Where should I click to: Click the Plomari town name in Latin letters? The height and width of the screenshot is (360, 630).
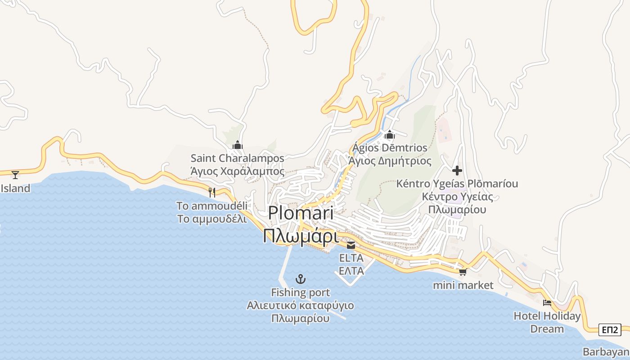pyautogui.click(x=301, y=213)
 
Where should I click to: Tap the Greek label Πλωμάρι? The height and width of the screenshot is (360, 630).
pyautogui.click(x=301, y=235)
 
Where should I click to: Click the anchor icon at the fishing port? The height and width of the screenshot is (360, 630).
pyautogui.click(x=301, y=279)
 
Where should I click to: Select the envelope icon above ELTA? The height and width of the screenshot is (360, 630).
pyautogui.click(x=351, y=245)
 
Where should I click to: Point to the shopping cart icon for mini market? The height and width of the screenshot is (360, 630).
pyautogui.click(x=463, y=272)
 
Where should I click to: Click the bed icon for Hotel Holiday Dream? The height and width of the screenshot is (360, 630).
pyautogui.click(x=547, y=302)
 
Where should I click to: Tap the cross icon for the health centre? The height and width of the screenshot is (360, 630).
pyautogui.click(x=457, y=171)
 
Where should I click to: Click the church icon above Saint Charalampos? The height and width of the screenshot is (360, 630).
pyautogui.click(x=237, y=145)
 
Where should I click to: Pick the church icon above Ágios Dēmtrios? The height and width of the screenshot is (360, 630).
pyautogui.click(x=390, y=135)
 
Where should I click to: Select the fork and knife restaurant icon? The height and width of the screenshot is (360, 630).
pyautogui.click(x=212, y=193)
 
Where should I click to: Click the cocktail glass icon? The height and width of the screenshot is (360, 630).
pyautogui.click(x=15, y=175)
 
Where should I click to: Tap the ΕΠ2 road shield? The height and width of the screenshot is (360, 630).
pyautogui.click(x=610, y=330)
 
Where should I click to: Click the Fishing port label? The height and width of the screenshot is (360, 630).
pyautogui.click(x=301, y=292)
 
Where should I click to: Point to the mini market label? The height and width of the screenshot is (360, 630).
pyautogui.click(x=463, y=285)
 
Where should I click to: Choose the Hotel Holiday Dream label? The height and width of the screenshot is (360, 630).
pyautogui.click(x=547, y=322)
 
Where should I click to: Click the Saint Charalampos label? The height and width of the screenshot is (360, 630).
pyautogui.click(x=237, y=158)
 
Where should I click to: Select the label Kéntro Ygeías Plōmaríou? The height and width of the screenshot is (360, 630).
pyautogui.click(x=457, y=184)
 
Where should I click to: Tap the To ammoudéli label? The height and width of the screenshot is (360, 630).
pyautogui.click(x=212, y=206)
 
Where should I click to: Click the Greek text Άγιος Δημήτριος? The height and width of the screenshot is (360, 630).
pyautogui.click(x=390, y=161)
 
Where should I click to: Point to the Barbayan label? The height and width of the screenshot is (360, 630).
pyautogui.click(x=606, y=352)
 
